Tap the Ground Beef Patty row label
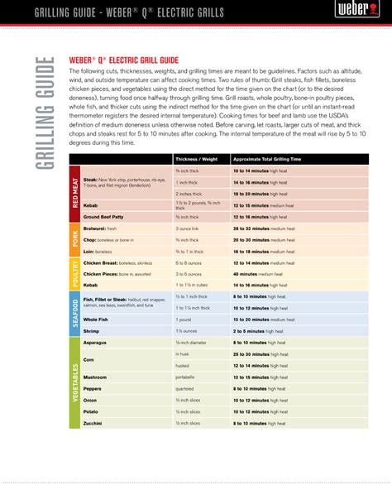(x=105, y=215)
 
